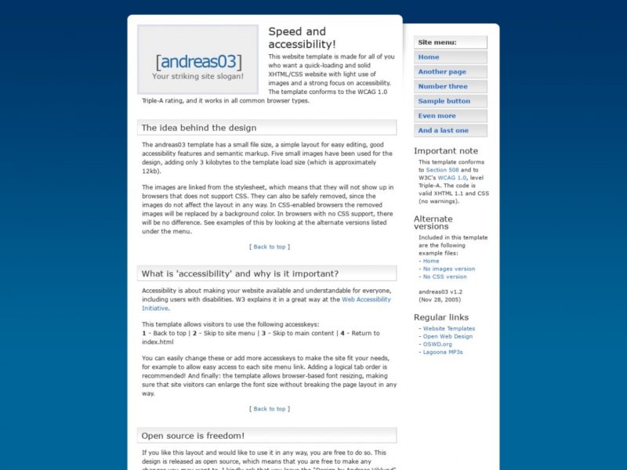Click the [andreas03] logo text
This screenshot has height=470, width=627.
(198, 62)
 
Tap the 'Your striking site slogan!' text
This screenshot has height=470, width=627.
(198, 77)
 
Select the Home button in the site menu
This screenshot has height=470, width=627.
(429, 57)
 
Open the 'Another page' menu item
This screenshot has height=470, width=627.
(442, 72)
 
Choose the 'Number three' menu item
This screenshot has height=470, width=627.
(443, 87)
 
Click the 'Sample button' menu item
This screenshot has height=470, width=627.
(444, 101)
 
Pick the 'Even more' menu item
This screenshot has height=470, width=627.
(437, 116)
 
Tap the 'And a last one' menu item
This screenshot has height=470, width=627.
(444, 131)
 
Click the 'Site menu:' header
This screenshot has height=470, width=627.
(437, 42)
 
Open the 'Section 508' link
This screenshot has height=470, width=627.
(444, 170)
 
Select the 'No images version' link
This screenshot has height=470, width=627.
(449, 269)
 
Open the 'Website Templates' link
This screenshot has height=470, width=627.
(449, 329)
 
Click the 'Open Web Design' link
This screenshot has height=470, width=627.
(448, 337)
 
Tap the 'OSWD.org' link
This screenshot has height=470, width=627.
(437, 345)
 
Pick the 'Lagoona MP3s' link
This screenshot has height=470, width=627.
(443, 352)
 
